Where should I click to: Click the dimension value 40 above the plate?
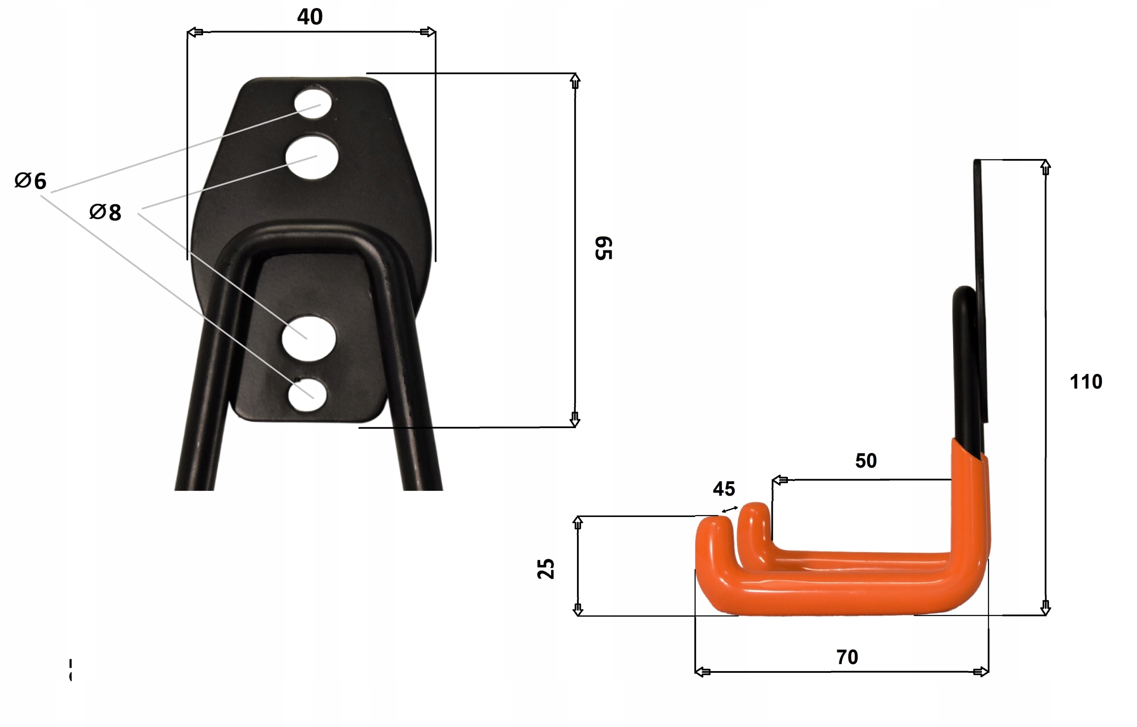(310, 17)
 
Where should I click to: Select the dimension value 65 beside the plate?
(604, 248)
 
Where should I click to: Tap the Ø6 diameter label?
(31, 181)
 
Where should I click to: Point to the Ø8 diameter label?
(105, 212)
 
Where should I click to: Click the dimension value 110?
(1085, 382)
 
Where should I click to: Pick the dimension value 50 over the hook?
(866, 461)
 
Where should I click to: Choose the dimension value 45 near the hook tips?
(724, 489)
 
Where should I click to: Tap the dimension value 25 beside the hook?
(546, 569)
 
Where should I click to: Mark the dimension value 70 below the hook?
(847, 657)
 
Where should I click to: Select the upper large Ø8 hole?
(312, 157)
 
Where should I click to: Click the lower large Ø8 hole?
(308, 339)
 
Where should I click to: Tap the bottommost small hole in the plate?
(307, 394)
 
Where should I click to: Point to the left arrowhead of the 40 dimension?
(195, 32)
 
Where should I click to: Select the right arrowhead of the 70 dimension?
(981, 672)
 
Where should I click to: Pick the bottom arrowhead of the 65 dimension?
(575, 419)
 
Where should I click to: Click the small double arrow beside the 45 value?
(730, 509)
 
